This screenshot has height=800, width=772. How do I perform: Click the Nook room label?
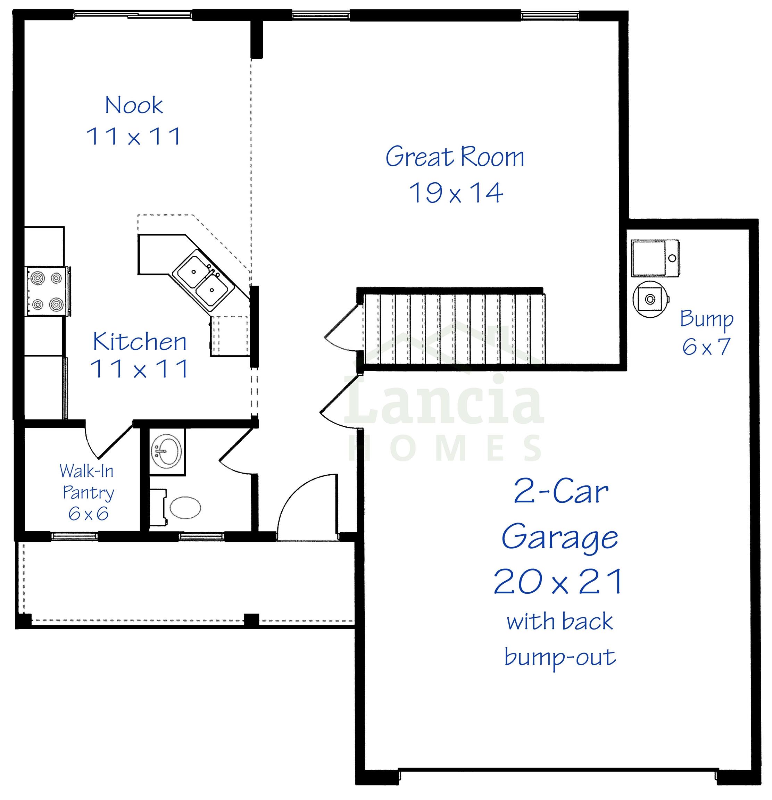click(134, 105)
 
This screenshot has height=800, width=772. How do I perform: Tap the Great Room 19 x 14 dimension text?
click(456, 193)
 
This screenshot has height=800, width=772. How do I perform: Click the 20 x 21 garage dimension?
click(558, 581)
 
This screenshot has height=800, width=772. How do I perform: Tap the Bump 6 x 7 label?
click(707, 333)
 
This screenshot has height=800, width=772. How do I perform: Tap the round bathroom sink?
click(167, 451)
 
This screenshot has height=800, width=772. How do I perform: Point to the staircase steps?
click(454, 328)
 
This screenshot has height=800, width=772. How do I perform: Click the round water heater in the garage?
click(650, 299)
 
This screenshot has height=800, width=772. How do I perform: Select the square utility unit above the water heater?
click(655, 258)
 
